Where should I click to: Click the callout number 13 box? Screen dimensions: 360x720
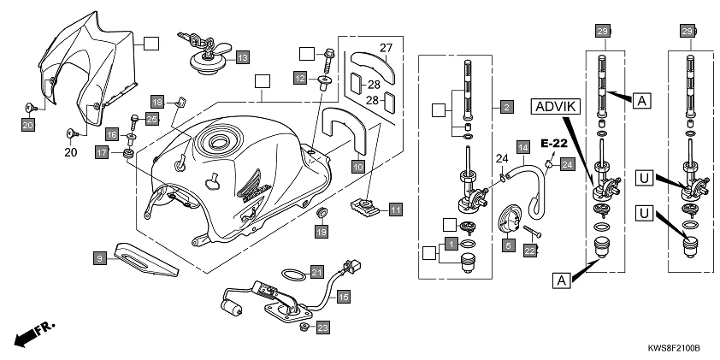click(242, 57)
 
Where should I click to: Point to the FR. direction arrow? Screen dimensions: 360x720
click(32, 333)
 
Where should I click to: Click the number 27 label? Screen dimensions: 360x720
click(387, 48)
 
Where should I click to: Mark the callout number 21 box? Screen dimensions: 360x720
click(317, 271)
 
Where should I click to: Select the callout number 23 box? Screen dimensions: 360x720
click(322, 328)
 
